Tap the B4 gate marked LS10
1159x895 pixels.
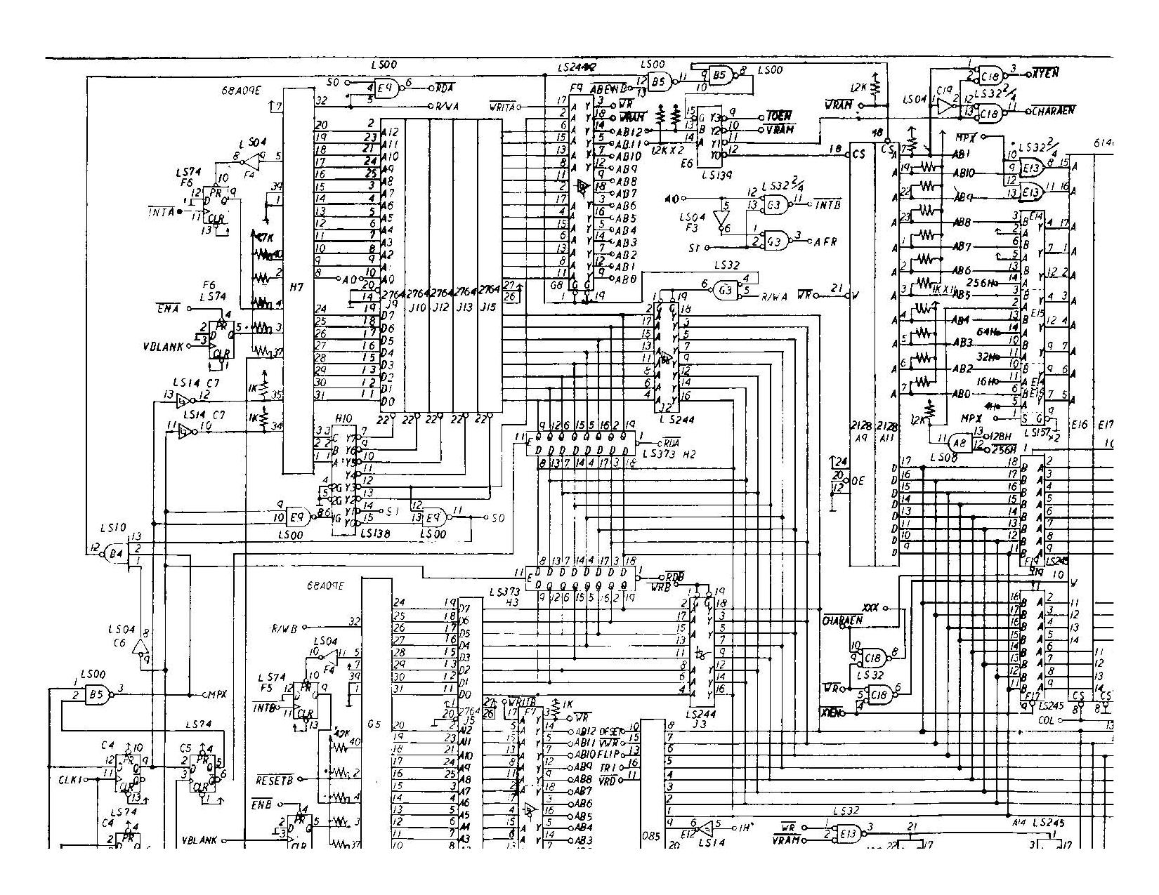click(x=116, y=554)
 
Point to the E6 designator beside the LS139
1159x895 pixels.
click(x=686, y=161)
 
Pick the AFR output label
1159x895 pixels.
click(x=825, y=241)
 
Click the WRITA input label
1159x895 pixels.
click(x=503, y=107)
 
